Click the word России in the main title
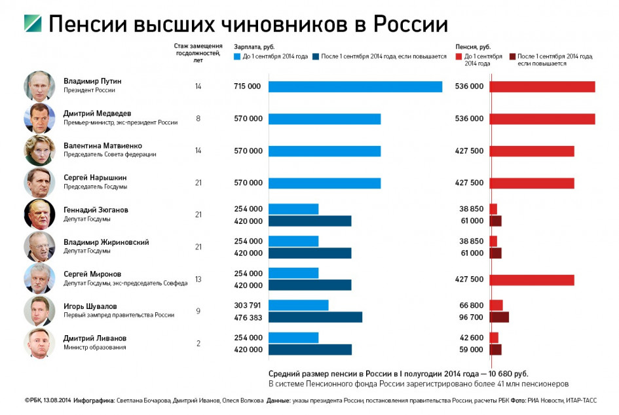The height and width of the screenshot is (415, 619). (x=411, y=24)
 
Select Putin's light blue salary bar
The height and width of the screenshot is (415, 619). (x=355, y=86)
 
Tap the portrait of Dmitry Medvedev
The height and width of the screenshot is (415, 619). (x=39, y=118)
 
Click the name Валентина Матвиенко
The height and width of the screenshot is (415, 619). (x=102, y=145)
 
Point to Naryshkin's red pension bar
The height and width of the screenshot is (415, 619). (x=532, y=183)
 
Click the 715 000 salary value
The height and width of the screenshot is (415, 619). (x=248, y=86)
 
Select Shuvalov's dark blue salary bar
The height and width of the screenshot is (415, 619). (x=315, y=317)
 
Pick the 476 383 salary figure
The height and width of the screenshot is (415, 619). (x=248, y=317)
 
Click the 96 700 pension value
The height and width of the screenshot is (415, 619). (x=472, y=317)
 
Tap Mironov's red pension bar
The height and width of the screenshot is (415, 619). (x=532, y=280)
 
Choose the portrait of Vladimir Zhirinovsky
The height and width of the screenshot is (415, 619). (x=39, y=247)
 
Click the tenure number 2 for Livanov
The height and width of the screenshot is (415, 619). (x=198, y=343)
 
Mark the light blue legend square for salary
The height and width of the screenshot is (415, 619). (x=237, y=56)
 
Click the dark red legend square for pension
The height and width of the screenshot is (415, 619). (x=512, y=56)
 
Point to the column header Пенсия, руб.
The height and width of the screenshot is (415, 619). (x=472, y=46)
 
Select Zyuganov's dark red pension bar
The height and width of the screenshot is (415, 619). (x=495, y=221)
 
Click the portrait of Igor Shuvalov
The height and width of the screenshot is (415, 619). (x=39, y=311)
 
